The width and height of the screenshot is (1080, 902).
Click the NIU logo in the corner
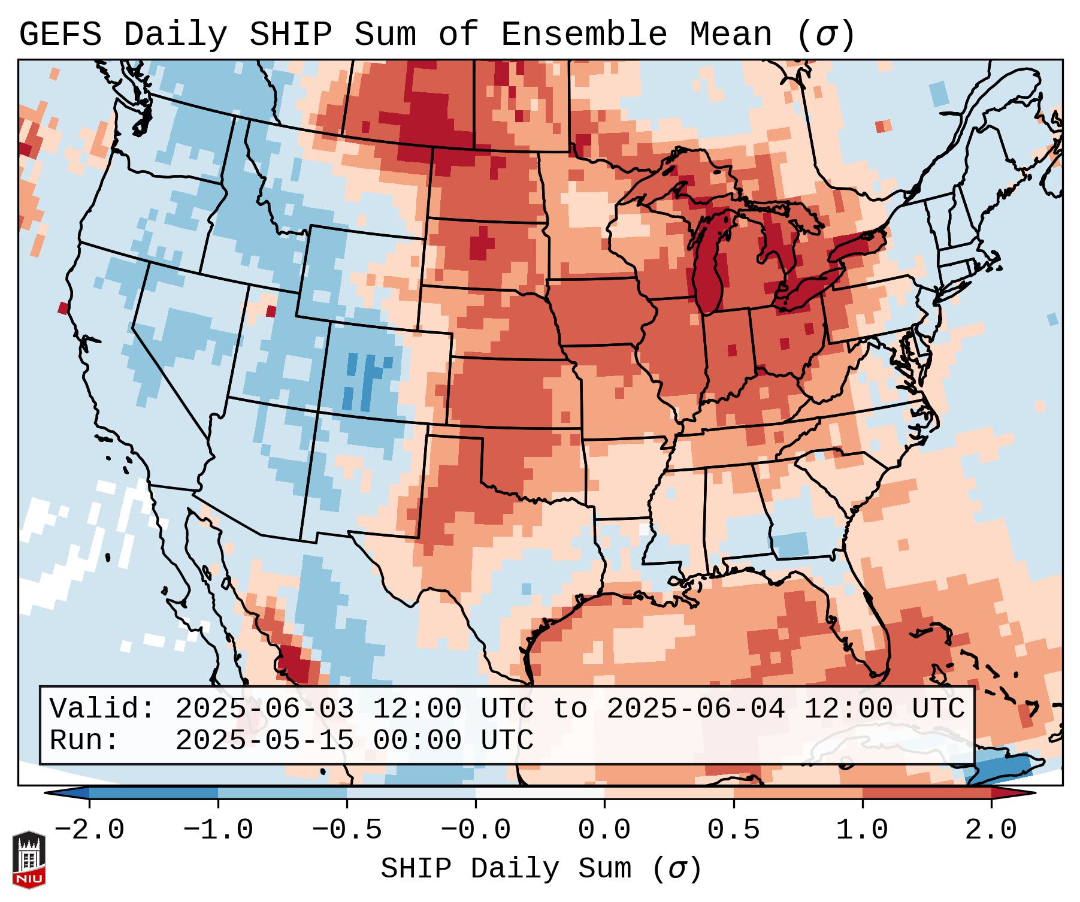pos(29,859)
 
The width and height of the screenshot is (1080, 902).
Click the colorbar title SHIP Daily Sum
pos(540,868)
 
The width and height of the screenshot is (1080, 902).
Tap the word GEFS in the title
pos(60,34)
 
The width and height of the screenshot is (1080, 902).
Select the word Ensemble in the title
pos(584,34)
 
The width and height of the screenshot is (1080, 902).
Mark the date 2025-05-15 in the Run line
pos(264,741)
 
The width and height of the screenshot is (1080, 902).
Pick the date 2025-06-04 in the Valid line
pos(695,709)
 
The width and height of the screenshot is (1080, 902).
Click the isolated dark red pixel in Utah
pos(271,311)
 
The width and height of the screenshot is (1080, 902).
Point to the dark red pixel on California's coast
pos(63,308)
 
